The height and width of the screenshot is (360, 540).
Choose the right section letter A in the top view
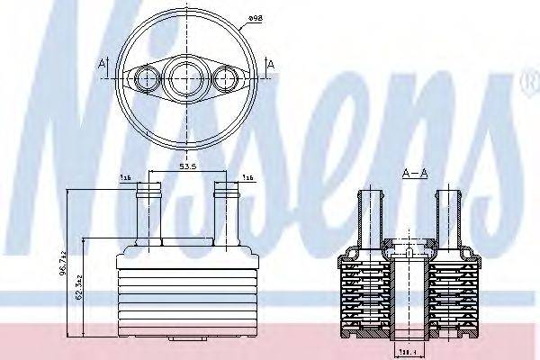point(270,65)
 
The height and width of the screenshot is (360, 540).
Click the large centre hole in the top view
point(186,77)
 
